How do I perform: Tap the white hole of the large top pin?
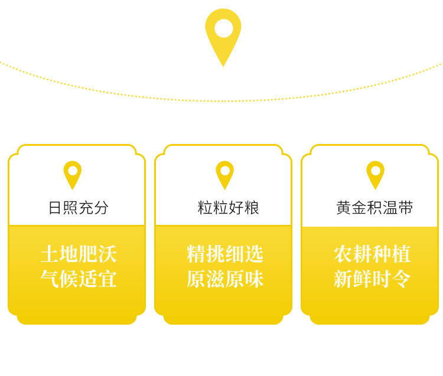(x=223, y=28)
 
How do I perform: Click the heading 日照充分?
(x=79, y=208)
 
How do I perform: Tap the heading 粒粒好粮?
(x=228, y=208)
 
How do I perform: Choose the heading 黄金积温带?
(x=374, y=208)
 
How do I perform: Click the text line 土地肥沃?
(x=79, y=254)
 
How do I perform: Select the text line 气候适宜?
(x=79, y=279)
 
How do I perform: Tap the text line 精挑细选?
(x=225, y=254)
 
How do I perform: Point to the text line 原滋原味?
(x=225, y=279)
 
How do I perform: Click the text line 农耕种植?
(x=372, y=254)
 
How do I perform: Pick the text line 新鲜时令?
(x=372, y=279)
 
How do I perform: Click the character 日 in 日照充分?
(x=55, y=208)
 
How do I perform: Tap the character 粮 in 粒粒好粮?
(x=252, y=208)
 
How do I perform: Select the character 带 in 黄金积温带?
(x=406, y=208)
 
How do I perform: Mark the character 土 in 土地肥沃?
(x=50, y=254)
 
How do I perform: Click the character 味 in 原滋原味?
(x=254, y=279)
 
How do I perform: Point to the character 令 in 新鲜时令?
(x=401, y=279)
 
